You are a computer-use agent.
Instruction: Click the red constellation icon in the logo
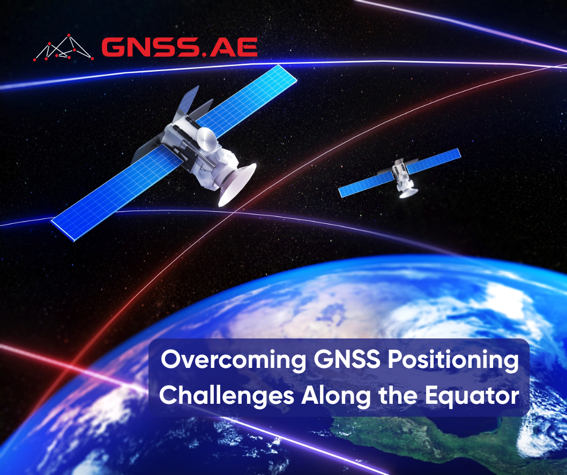[x=63, y=48]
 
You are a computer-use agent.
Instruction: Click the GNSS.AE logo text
[x=179, y=48]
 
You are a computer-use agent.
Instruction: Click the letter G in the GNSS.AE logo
[x=113, y=48]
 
